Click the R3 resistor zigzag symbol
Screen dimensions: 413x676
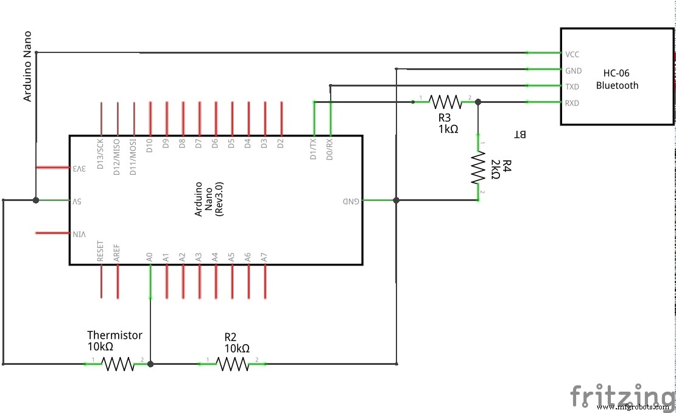[445, 102]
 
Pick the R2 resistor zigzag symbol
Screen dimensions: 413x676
[232, 364]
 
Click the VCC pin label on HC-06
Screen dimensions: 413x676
[572, 54]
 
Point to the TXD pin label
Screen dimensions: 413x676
[572, 86]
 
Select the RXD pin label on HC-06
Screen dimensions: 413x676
[572, 103]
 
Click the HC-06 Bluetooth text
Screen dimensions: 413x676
[617, 79]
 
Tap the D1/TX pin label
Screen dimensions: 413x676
[313, 149]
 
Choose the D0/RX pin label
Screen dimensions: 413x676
[329, 149]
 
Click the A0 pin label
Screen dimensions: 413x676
[150, 257]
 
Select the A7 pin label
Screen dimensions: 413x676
[265, 257]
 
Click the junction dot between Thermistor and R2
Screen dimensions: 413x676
[150, 364]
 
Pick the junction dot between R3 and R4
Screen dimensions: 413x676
[478, 102]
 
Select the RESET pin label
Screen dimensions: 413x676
[100, 252]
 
